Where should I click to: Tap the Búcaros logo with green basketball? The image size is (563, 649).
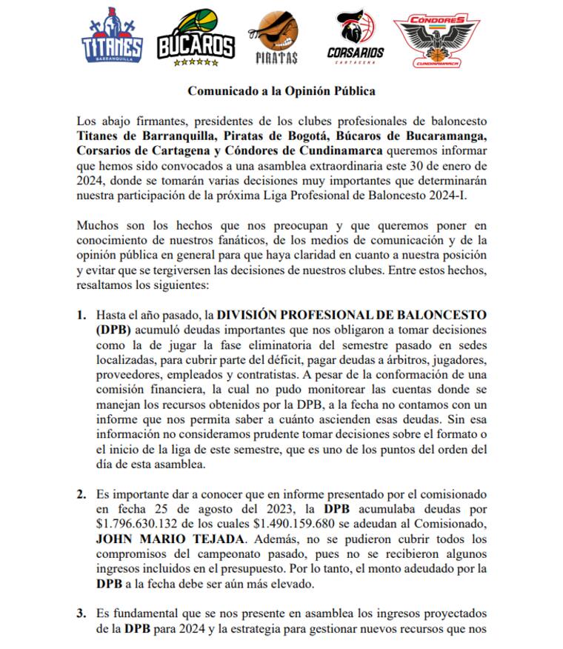pos(196,39)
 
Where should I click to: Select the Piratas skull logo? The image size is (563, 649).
pos(276,39)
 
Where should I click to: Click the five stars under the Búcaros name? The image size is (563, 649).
pos(196,63)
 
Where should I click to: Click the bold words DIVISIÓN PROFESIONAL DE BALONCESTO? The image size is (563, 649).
pos(353,315)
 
